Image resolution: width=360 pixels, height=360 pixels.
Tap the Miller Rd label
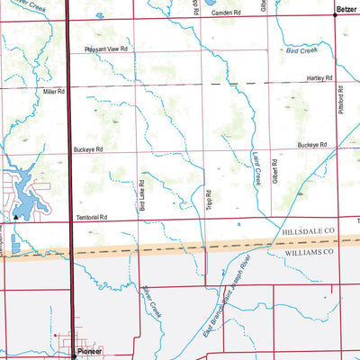[54, 92]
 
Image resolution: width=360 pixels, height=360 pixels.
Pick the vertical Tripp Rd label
[207, 200]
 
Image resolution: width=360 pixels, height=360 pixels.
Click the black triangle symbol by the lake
[15, 217]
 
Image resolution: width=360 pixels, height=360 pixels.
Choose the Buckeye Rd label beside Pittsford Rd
[311, 144]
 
